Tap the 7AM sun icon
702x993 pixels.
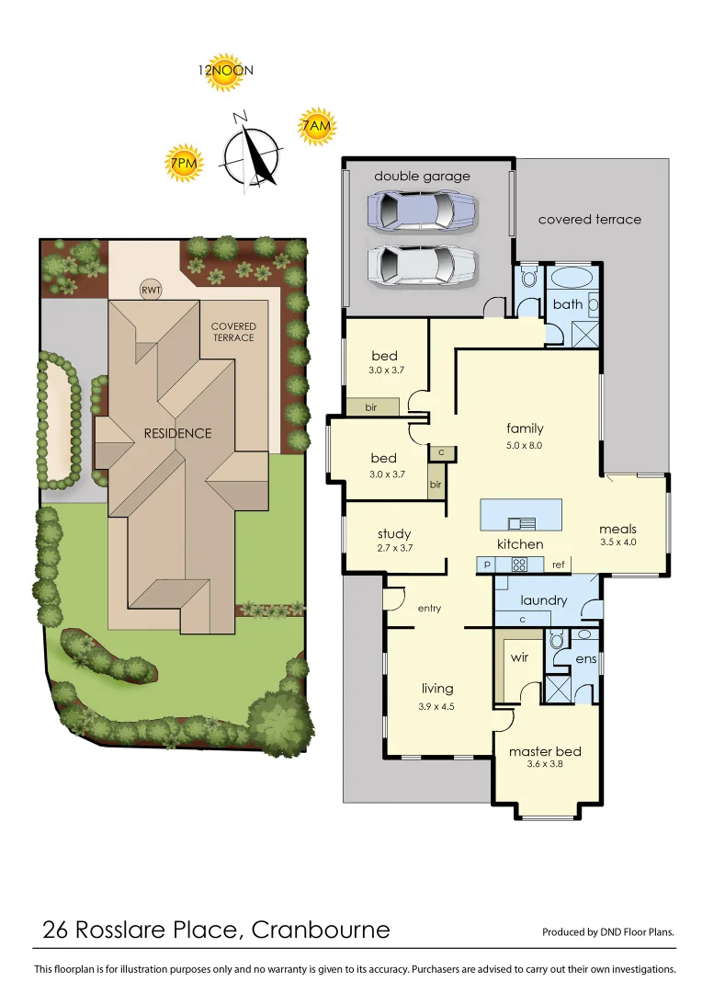coord(315,127)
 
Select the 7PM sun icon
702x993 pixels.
coord(184,163)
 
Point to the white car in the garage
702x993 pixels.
coord(422,265)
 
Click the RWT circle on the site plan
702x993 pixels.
coord(150,290)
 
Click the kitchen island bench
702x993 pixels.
coord(521,515)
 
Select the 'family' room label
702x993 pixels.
coord(525,428)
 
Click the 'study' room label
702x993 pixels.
coord(394,534)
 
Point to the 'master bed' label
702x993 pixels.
coord(545,751)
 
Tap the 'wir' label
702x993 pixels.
coord(519,658)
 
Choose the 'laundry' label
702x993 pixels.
coord(544,600)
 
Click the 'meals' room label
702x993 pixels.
coord(617,529)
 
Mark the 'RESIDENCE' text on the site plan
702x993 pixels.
coord(177,433)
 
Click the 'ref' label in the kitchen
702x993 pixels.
coord(558,565)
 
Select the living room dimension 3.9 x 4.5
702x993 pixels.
coord(437,706)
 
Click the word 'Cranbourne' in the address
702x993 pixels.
coord(321,930)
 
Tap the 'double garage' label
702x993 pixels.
coord(422,176)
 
